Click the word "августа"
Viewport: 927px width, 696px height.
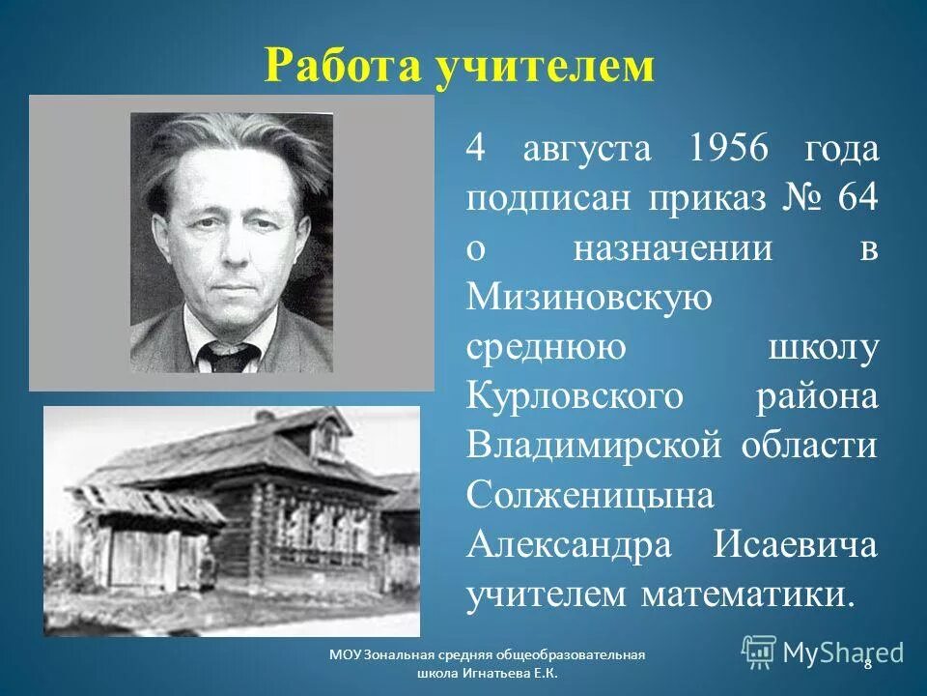click(x=588, y=150)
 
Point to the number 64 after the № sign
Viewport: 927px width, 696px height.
click(x=856, y=199)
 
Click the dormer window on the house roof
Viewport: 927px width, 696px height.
click(x=328, y=441)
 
